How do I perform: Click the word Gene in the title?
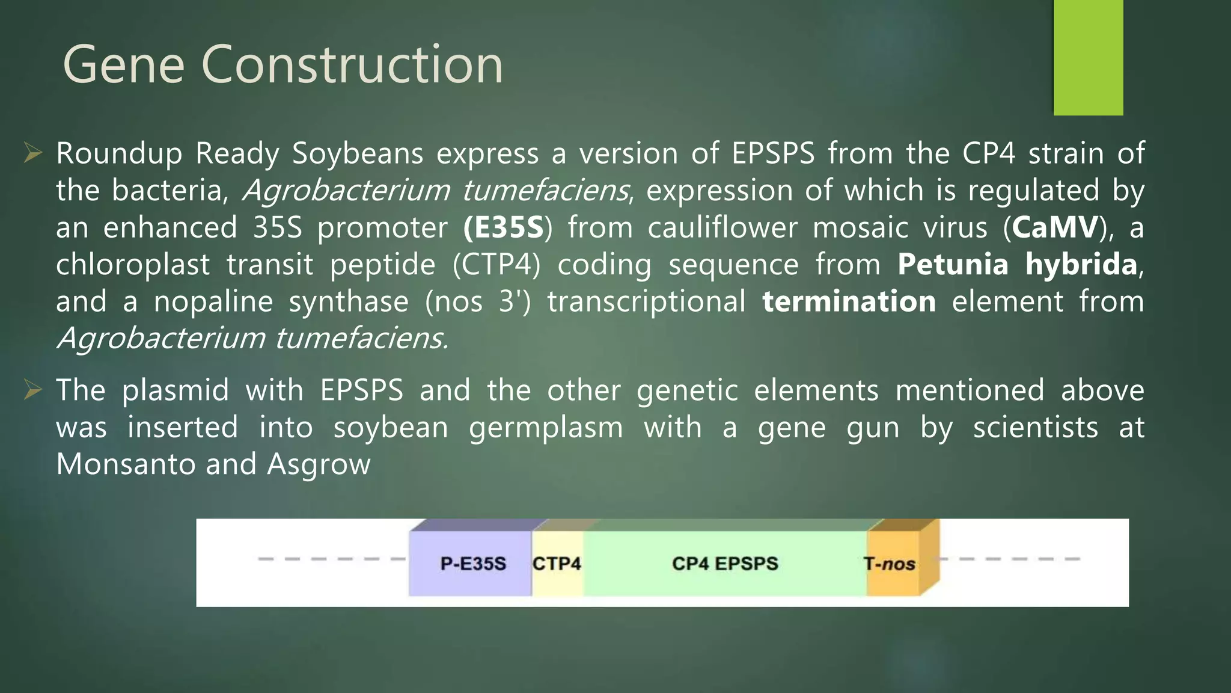click(123, 65)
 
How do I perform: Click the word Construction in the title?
click(352, 65)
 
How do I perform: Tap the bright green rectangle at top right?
click(1088, 57)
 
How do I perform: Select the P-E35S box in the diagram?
click(472, 564)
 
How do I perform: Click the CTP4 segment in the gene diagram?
click(557, 564)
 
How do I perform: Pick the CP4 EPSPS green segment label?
click(725, 564)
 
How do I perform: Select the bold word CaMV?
click(1055, 228)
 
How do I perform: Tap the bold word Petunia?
click(953, 265)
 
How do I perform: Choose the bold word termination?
click(849, 301)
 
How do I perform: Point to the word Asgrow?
click(319, 464)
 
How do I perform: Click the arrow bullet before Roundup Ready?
click(32, 153)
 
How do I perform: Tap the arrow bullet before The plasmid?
click(32, 390)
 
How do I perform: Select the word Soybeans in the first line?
click(358, 153)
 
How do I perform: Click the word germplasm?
click(546, 428)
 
